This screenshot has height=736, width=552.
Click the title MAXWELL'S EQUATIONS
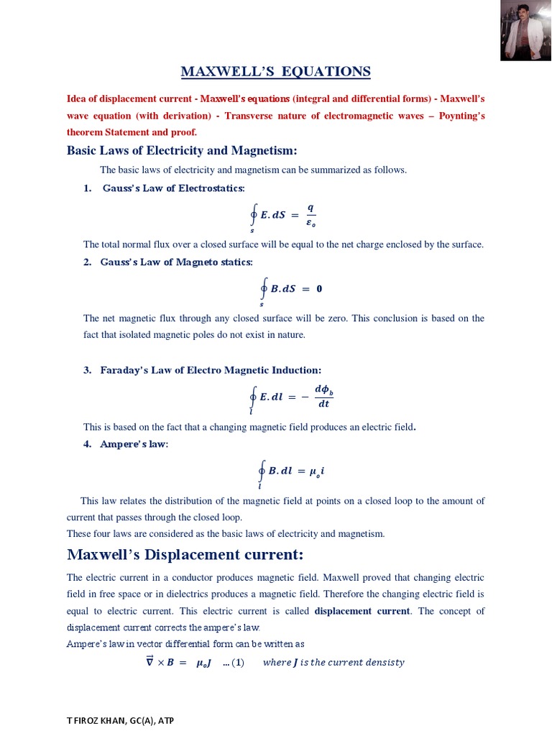tap(276, 71)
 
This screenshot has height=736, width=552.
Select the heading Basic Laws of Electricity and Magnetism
tap(182, 150)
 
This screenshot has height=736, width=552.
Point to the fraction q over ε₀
tap(310, 214)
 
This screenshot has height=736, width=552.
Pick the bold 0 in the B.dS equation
tap(319, 289)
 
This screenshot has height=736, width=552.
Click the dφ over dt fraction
tap(324, 397)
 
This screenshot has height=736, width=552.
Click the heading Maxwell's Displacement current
tap(185, 555)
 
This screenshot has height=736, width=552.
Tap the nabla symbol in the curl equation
tap(149, 662)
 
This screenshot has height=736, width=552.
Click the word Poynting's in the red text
tap(461, 115)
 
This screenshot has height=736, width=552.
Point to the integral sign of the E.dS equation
tap(253, 215)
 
